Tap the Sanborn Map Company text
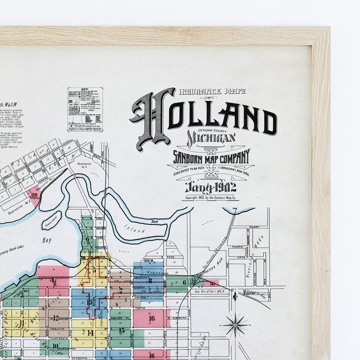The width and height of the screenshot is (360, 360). pyautogui.click(x=211, y=157)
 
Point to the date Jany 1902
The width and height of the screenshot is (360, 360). pyautogui.click(x=210, y=187)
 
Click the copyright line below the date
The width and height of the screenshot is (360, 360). pyautogui.click(x=210, y=197)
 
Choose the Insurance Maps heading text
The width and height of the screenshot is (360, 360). pyautogui.click(x=212, y=91)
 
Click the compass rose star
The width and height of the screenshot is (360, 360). pyautogui.click(x=235, y=324)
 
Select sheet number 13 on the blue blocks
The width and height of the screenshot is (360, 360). pyautogui.click(x=89, y=302)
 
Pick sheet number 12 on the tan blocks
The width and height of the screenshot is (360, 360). pyautogui.click(x=56, y=318)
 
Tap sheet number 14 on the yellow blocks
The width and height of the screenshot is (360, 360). pyautogui.click(x=90, y=332)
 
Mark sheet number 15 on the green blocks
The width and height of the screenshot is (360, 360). pyautogui.click(x=121, y=331)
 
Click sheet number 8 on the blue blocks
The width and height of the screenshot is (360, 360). pyautogui.click(x=150, y=281)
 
